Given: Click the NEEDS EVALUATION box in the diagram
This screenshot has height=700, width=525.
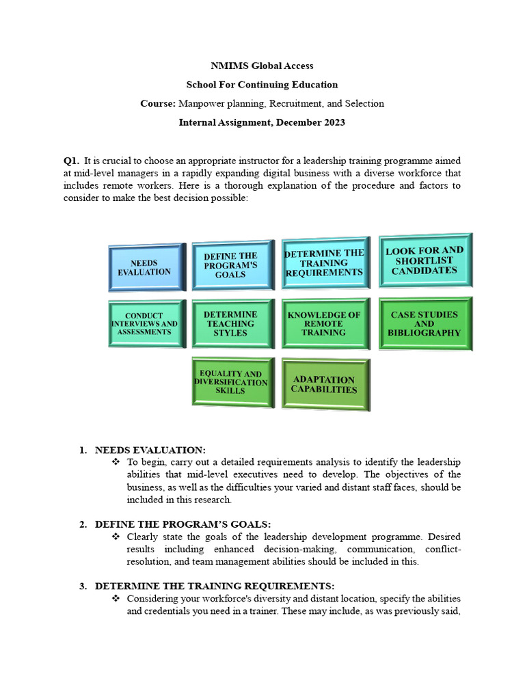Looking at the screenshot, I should tap(146, 267).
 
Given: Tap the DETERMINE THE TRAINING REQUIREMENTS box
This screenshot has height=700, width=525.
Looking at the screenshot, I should tap(325, 262).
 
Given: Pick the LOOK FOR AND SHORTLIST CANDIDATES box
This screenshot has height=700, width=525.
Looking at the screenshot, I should tap(425, 260).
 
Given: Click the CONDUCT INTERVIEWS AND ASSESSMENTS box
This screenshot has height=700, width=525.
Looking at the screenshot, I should tap(144, 324).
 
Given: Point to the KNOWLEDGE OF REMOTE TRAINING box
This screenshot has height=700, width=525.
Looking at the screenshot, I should tap(325, 323).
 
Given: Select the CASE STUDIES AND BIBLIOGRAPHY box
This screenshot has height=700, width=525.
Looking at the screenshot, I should tap(425, 323).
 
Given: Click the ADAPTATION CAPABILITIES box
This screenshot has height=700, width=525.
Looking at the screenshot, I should tap(325, 385).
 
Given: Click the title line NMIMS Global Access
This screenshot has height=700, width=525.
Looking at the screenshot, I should tap(262, 66).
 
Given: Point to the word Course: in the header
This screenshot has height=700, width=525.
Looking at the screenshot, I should tap(157, 104).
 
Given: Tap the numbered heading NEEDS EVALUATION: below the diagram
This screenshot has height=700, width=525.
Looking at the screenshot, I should tap(150, 450).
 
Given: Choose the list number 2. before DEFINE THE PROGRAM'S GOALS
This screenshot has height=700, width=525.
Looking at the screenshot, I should tap(83, 524).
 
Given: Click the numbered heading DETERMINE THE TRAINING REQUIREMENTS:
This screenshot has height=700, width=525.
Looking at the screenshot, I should tap(215, 587).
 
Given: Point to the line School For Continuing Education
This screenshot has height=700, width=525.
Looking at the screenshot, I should tap(262, 85).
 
